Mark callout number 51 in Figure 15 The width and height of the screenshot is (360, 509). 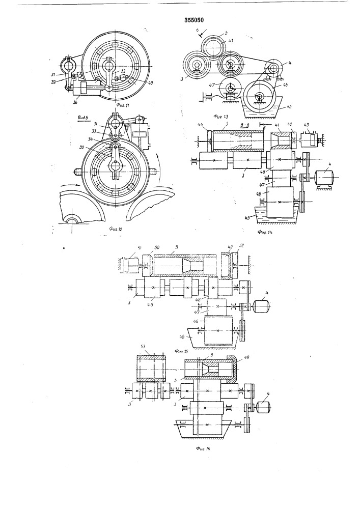(134, 248)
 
